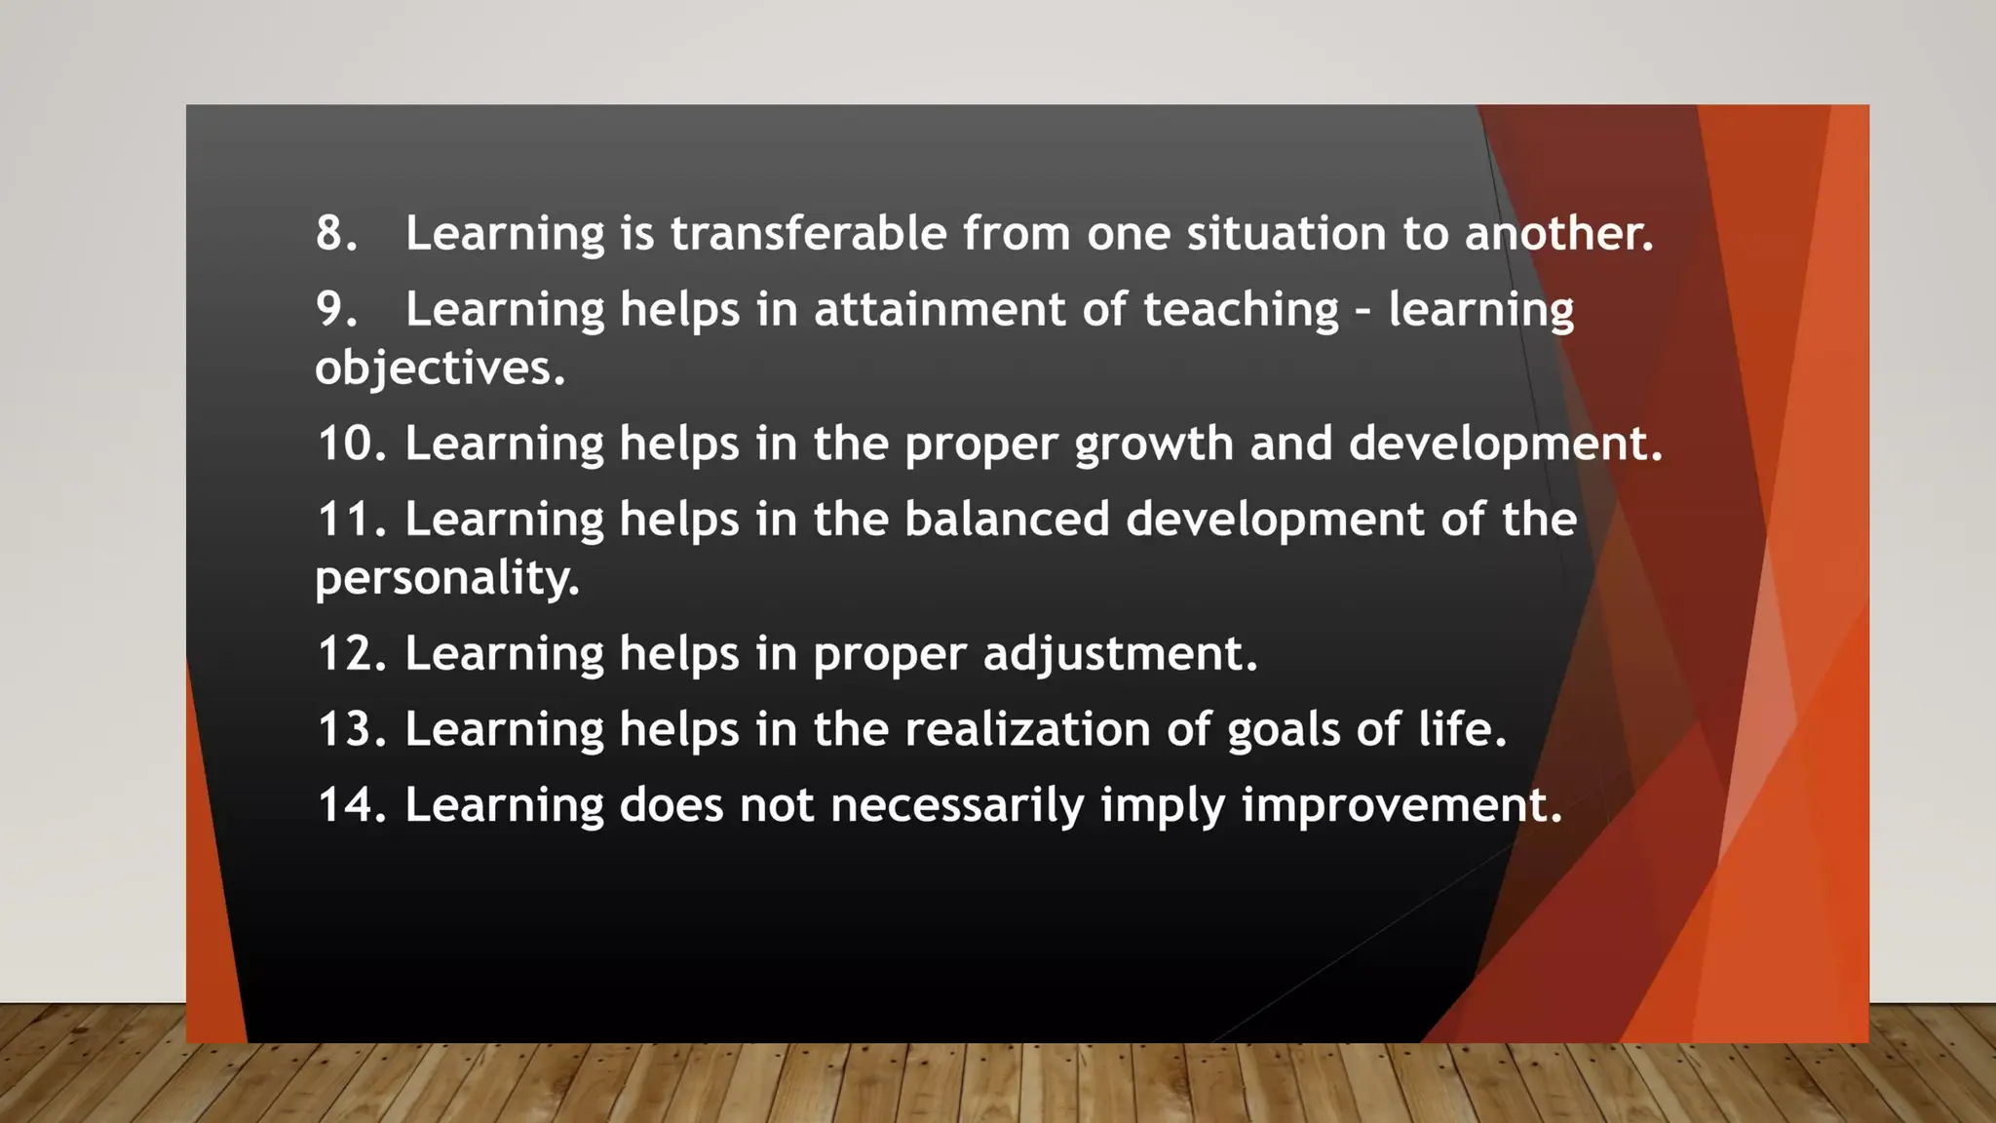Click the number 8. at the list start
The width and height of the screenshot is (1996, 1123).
[336, 233]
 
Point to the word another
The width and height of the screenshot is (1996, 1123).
[1558, 233]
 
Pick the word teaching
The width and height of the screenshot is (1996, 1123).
[1241, 309]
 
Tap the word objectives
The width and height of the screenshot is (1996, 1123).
[440, 368]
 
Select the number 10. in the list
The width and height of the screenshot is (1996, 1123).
[352, 444]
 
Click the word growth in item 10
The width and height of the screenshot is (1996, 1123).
[1154, 444]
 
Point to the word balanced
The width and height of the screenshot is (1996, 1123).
[1007, 519]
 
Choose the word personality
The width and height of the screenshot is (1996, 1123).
[446, 578]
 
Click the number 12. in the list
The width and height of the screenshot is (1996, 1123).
[352, 653]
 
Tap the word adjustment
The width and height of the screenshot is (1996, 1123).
[1120, 653]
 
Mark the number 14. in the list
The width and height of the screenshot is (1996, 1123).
[352, 805]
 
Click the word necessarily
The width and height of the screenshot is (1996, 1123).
[957, 805]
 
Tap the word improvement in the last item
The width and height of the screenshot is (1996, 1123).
[1401, 805]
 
